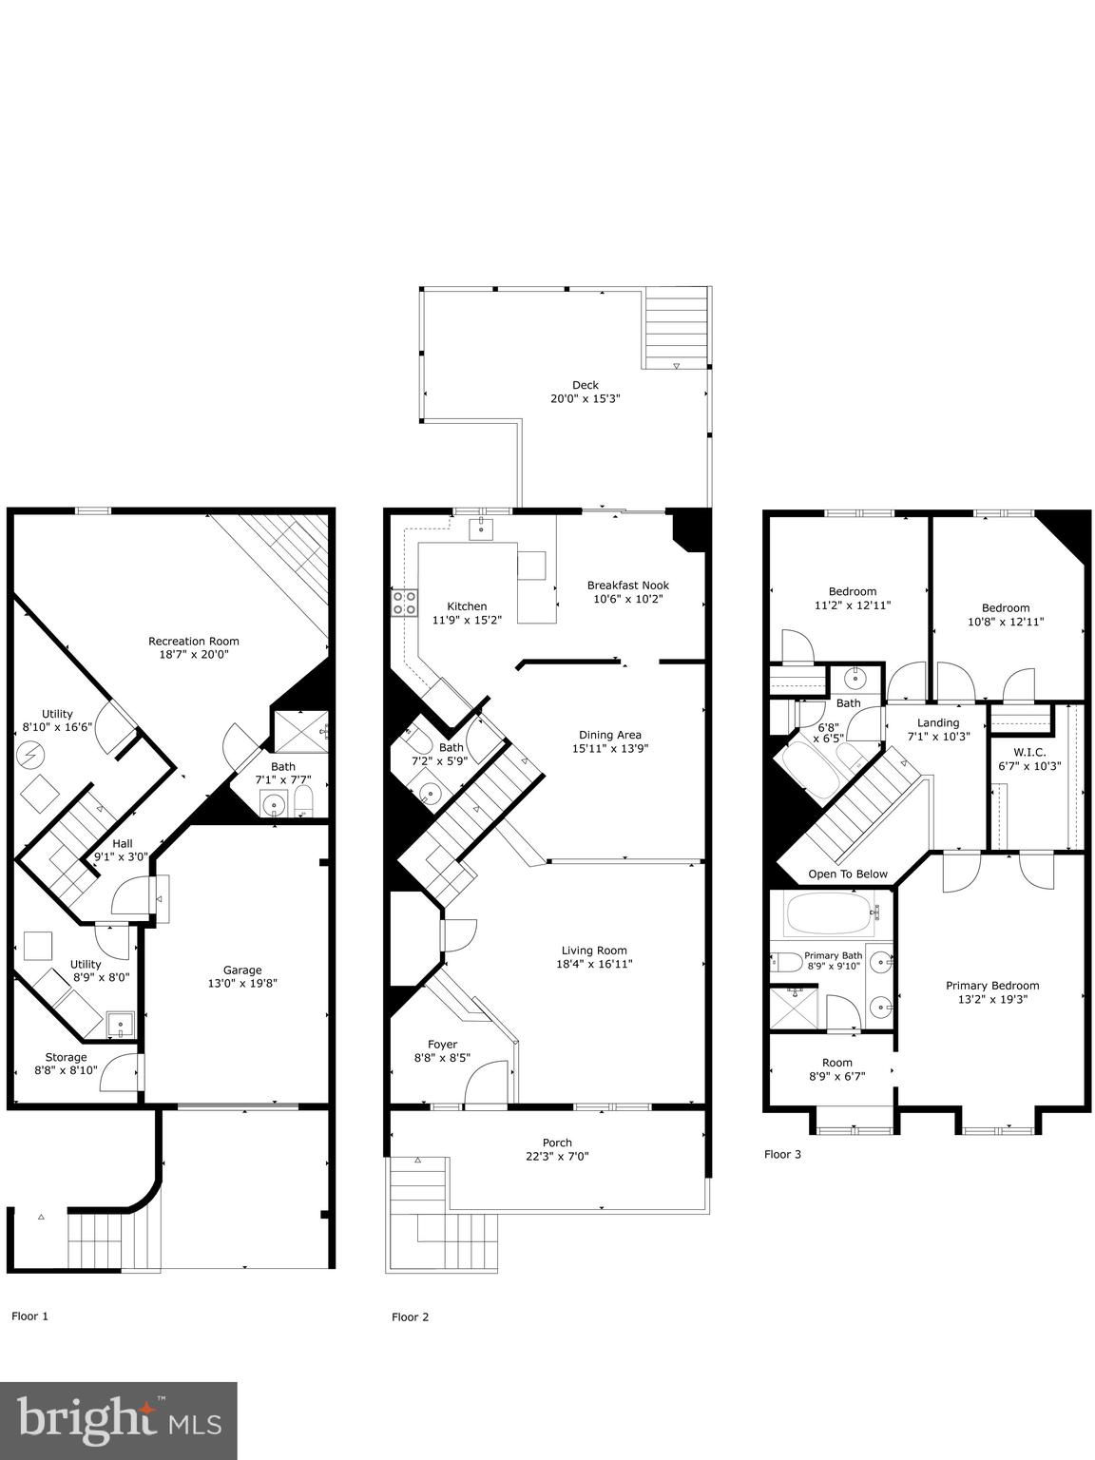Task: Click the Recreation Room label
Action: point(194,642)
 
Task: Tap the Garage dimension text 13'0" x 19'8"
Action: point(242,983)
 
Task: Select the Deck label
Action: point(586,385)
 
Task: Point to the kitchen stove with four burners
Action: point(404,603)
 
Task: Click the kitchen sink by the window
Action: point(481,528)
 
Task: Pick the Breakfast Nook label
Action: point(627,586)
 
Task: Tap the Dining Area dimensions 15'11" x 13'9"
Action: point(609,748)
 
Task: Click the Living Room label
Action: point(594,951)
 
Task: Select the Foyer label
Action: point(442,1045)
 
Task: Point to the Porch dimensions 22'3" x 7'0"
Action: point(557,1156)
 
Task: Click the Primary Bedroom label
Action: point(992,986)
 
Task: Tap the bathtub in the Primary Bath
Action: point(831,913)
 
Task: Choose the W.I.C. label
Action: point(1029,752)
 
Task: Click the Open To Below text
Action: point(848,874)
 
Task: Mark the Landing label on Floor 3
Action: point(938,723)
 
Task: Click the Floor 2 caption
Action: point(411,1317)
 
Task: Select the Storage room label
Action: point(66,1057)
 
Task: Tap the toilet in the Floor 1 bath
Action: point(303,801)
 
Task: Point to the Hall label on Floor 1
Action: point(123,843)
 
